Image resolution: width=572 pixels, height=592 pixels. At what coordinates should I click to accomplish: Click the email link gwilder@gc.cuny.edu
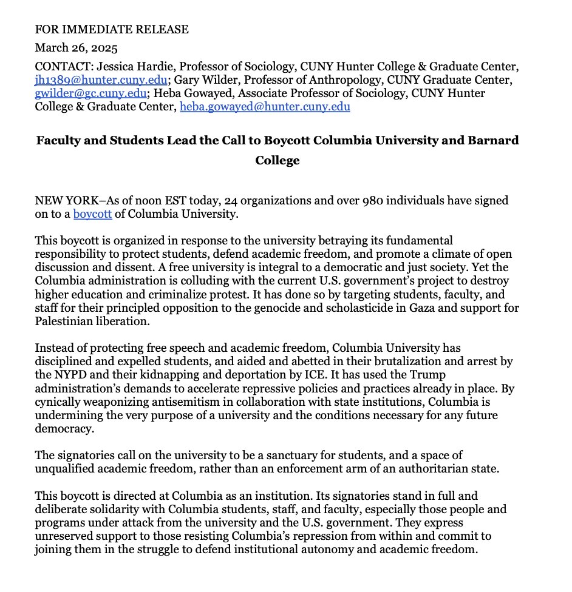(x=91, y=93)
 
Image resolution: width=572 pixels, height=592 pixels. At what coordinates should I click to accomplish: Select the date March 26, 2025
(x=76, y=47)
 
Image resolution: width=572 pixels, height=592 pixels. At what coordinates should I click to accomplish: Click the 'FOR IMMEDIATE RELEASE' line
(x=112, y=29)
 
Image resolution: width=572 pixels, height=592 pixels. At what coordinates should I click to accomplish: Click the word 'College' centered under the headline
(x=277, y=161)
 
